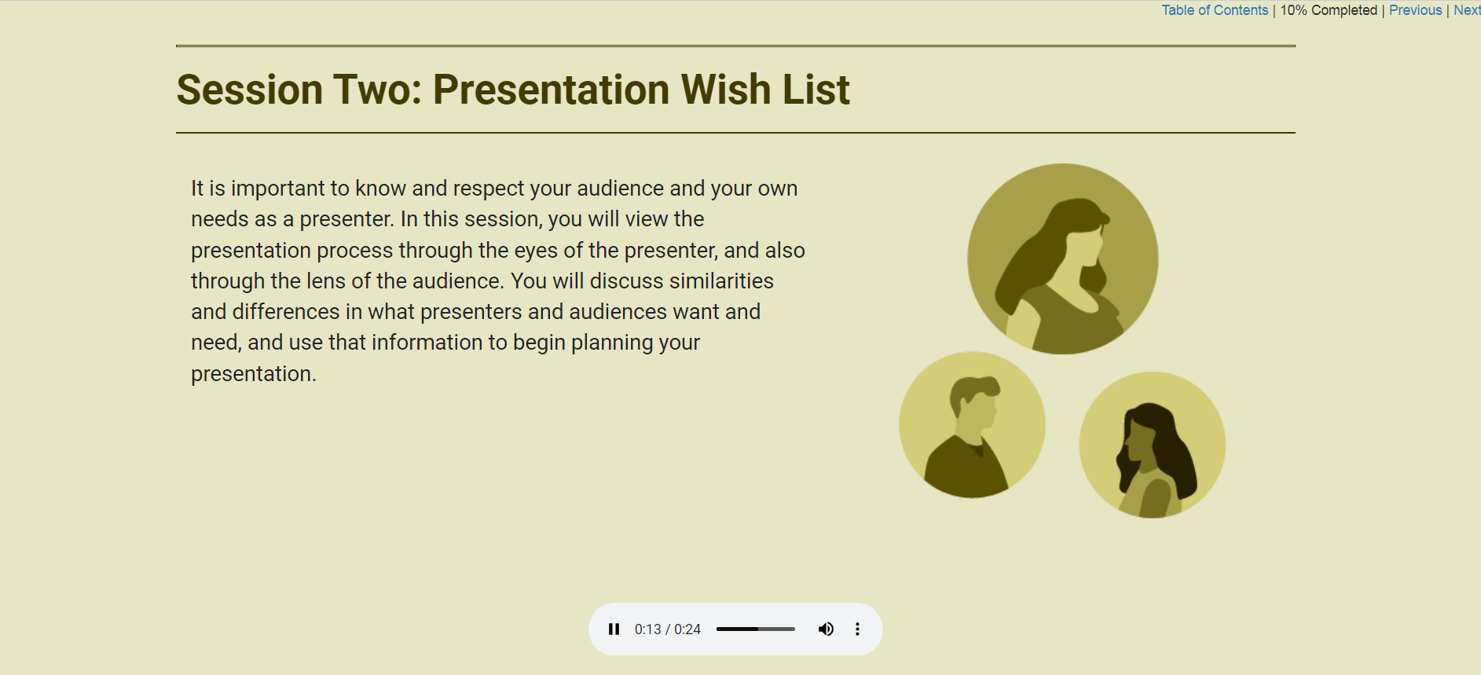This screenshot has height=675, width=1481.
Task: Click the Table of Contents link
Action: click(1215, 10)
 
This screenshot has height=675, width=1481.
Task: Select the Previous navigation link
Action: click(1415, 10)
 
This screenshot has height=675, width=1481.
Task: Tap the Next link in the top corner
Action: click(1466, 10)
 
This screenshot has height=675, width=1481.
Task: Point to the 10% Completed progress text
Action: click(1329, 10)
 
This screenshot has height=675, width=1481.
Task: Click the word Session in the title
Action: click(249, 90)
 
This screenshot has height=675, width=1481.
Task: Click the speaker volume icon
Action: click(826, 629)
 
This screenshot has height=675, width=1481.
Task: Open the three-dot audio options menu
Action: click(857, 629)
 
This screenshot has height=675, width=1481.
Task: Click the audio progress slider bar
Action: click(755, 629)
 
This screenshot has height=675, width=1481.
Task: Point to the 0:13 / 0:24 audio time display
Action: click(667, 629)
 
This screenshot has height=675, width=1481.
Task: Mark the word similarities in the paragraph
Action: click(721, 281)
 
